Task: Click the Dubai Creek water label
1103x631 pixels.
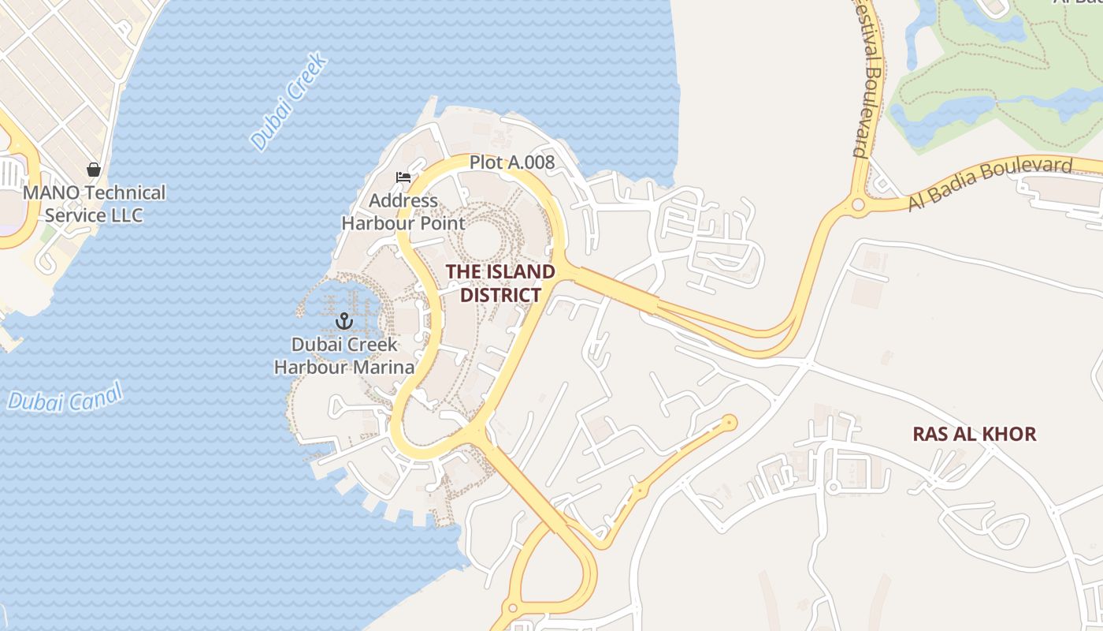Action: point(288,102)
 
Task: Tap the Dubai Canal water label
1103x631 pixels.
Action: point(65,397)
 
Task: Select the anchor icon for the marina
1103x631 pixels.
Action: point(344,320)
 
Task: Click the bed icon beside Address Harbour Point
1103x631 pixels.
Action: point(403,177)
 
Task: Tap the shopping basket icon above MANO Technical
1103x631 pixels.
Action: point(94,170)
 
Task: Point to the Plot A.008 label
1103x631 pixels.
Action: point(512,162)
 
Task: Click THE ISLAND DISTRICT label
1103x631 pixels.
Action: point(500,283)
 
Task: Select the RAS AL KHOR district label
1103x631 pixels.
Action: point(974,434)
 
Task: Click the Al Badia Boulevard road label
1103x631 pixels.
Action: point(990,185)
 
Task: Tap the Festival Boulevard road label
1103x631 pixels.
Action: point(866,79)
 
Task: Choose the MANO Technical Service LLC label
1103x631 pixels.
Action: point(95,203)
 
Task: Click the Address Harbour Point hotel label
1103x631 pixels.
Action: point(403,211)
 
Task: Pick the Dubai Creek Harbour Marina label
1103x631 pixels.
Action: point(344,356)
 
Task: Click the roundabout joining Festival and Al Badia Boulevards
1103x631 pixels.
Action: point(858,205)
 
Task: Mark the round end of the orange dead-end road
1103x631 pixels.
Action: point(730,423)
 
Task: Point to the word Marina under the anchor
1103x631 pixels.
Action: point(384,368)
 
